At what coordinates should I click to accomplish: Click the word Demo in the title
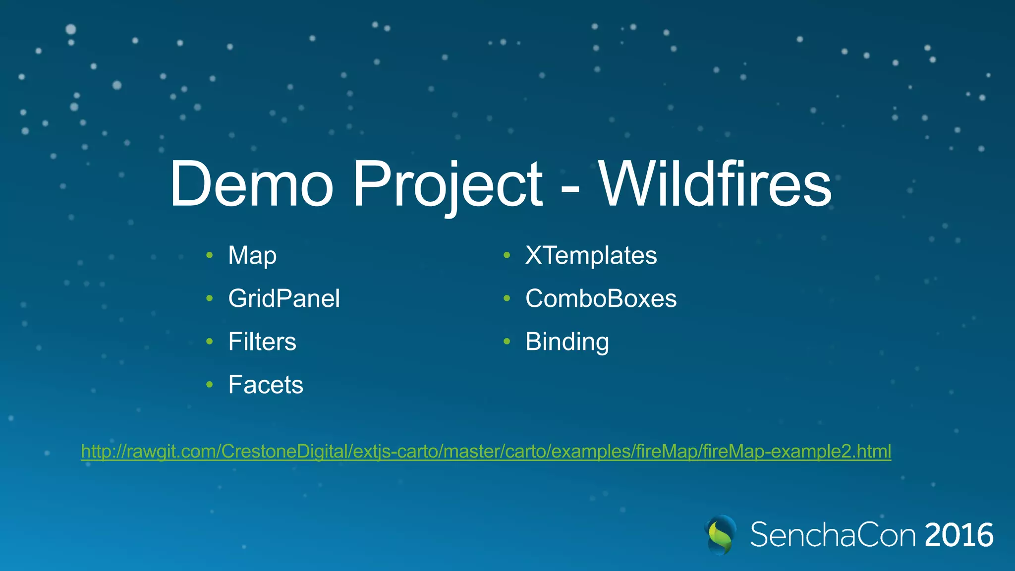coord(251,184)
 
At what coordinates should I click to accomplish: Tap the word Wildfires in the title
coord(715,184)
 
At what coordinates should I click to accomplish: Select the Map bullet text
coord(252,256)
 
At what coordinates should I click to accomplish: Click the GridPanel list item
coord(284,298)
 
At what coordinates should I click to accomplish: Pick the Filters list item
coord(262,342)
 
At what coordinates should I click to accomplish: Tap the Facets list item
coord(266,385)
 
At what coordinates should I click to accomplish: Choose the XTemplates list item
coord(591,256)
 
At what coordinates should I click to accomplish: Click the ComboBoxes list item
coord(601,298)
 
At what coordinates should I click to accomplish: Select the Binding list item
coord(567,342)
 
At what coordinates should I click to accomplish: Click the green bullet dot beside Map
coord(210,255)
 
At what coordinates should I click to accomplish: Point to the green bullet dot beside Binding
coord(507,341)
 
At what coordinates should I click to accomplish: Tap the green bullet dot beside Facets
coord(210,384)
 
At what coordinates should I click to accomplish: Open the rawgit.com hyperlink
coord(486,452)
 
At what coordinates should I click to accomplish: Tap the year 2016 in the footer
coord(959,535)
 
